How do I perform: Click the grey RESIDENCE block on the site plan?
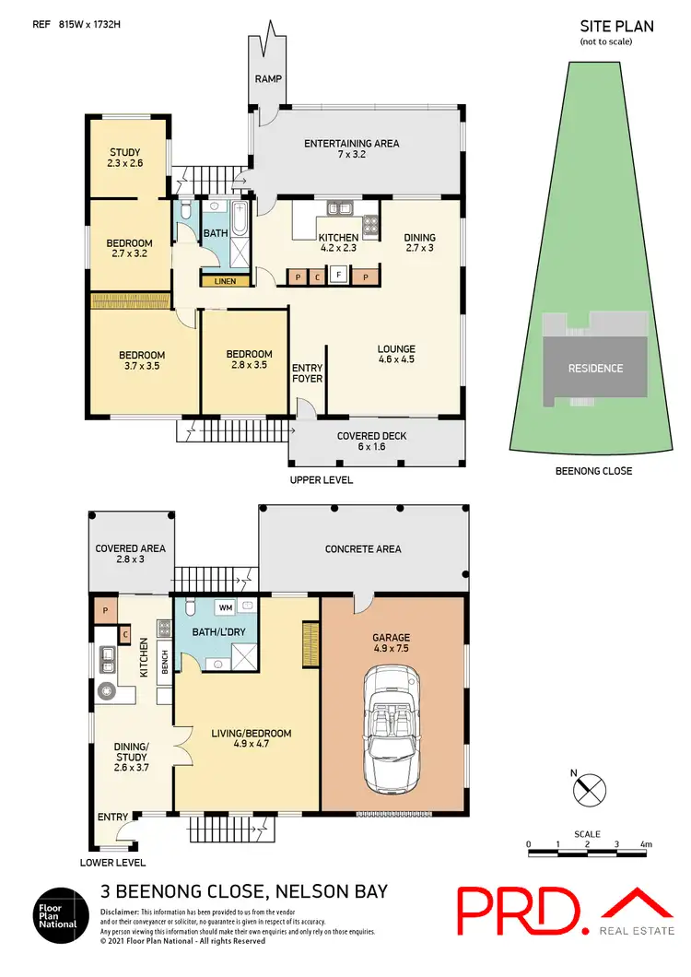click(x=594, y=368)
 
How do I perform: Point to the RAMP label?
click(x=269, y=79)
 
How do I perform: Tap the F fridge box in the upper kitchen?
click(x=339, y=275)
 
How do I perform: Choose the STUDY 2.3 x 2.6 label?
click(x=126, y=159)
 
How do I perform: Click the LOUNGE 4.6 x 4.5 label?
click(x=396, y=354)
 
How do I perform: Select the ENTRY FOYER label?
click(x=307, y=373)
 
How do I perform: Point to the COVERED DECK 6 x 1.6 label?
click(x=371, y=442)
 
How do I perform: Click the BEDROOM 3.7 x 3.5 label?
click(x=142, y=361)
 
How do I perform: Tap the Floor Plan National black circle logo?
click(x=61, y=913)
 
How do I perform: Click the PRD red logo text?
click(x=520, y=911)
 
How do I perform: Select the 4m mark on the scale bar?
click(x=645, y=843)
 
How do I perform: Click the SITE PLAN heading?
click(x=616, y=27)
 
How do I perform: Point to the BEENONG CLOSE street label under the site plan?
click(x=594, y=471)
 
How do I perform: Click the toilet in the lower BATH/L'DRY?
click(x=188, y=608)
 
